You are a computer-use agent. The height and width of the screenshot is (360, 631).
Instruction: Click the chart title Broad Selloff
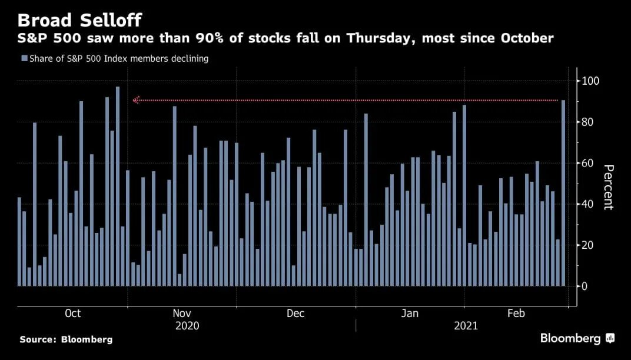79,20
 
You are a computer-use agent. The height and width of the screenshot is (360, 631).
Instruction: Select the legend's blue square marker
24,59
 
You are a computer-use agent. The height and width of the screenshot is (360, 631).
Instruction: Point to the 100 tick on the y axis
591,81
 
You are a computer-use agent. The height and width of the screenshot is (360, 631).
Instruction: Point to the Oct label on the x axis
72,314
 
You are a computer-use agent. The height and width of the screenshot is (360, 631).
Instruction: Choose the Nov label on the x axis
182,314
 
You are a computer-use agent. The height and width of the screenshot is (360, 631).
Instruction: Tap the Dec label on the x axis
295,314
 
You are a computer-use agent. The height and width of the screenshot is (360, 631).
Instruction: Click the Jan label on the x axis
410,314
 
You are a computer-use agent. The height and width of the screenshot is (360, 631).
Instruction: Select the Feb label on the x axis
516,314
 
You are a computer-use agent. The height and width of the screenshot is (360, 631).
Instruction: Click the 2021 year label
466,325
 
